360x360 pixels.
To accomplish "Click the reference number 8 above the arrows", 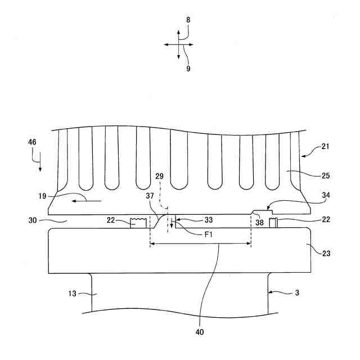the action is [x=188, y=20].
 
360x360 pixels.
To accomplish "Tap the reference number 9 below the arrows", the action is [x=188, y=69].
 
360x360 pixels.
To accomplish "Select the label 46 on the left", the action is [x=33, y=142].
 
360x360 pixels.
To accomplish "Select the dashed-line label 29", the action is [x=160, y=177].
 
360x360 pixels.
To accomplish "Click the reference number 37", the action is [x=150, y=196].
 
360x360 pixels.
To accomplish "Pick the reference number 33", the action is [x=192, y=220].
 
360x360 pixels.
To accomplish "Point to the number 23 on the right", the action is [x=326, y=254].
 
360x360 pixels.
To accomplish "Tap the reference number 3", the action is [x=289, y=292].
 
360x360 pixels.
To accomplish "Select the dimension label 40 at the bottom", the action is [x=200, y=332].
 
